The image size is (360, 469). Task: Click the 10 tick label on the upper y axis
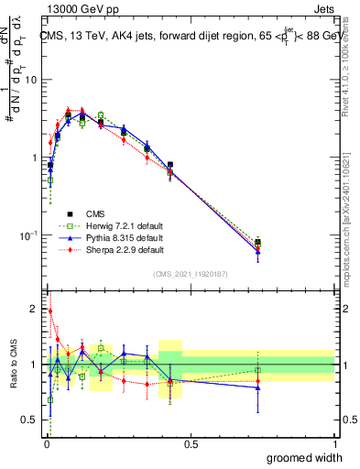[31, 80]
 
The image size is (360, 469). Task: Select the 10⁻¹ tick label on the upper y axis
[29, 235]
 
